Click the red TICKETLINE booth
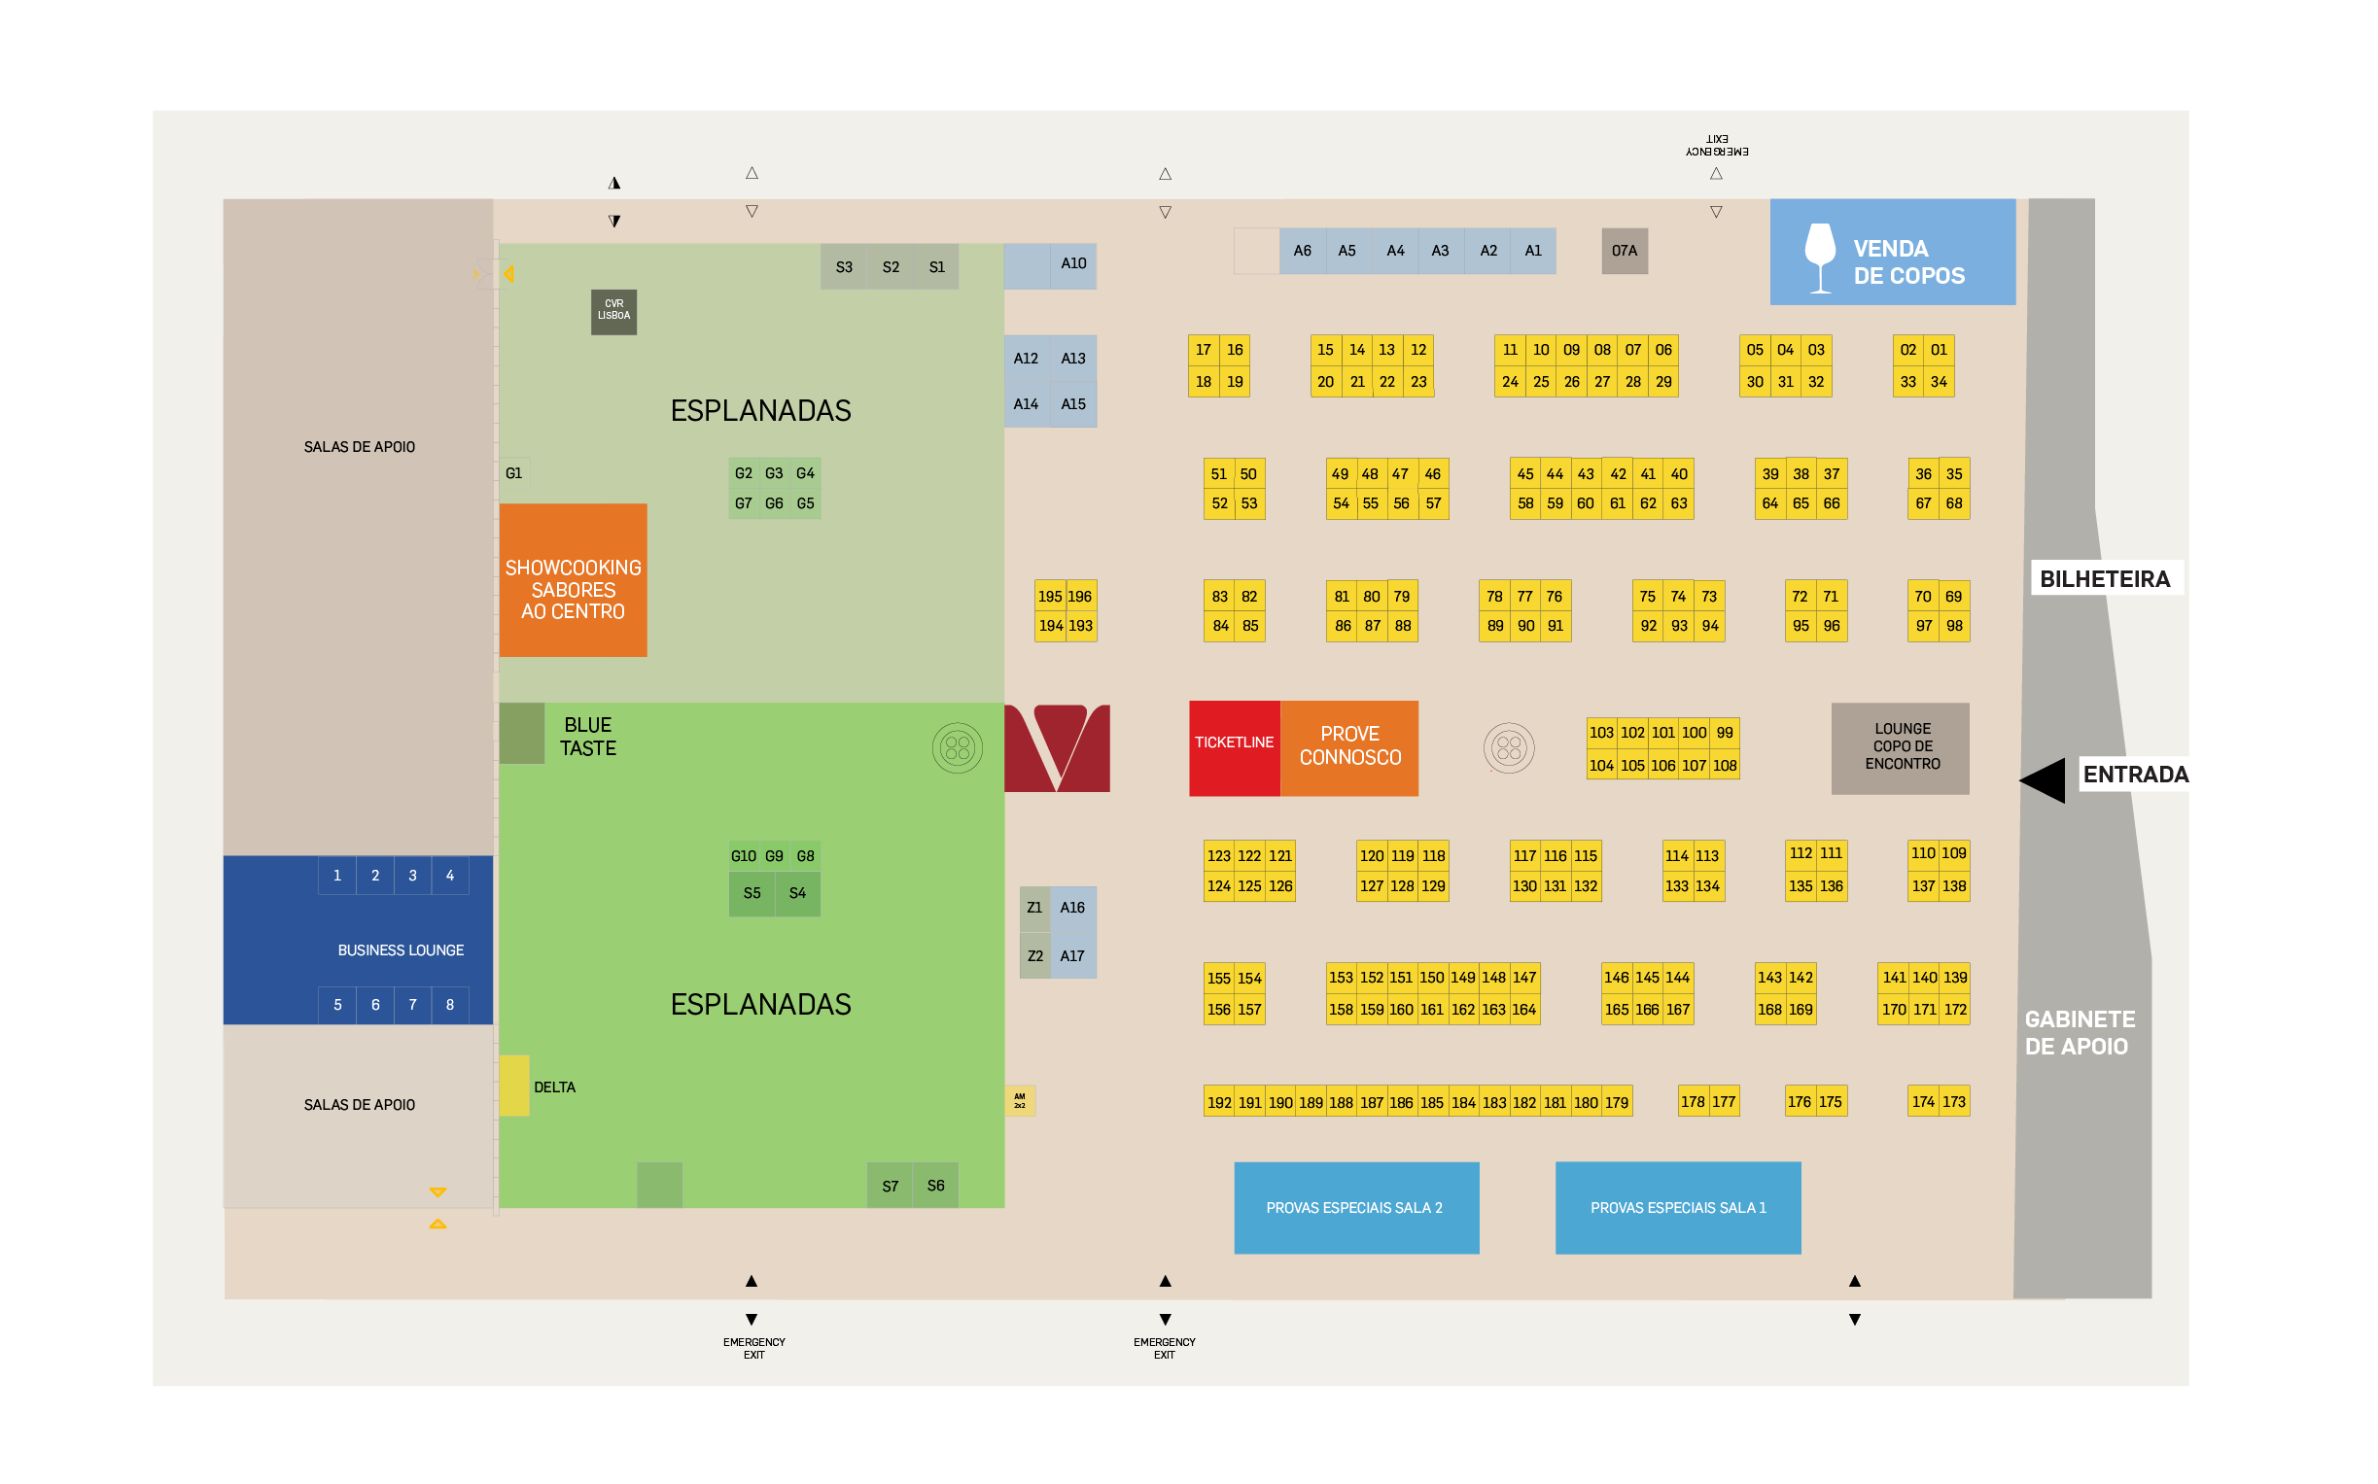(1233, 747)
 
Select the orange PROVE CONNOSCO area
(1349, 747)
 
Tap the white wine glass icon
(1819, 257)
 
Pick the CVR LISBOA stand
(613, 311)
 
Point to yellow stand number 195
(1050, 596)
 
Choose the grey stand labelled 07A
(1624, 252)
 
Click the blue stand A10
(1051, 265)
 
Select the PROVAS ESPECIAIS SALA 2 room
(1355, 1207)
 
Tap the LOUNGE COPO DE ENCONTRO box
(1900, 747)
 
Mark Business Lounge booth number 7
(412, 1005)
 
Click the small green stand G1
(513, 473)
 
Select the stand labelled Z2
(1034, 956)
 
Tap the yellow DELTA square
(514, 1086)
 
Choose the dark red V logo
(1057, 747)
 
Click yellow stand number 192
(1218, 1102)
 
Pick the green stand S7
(890, 1186)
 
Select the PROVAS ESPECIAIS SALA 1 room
(1677, 1207)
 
